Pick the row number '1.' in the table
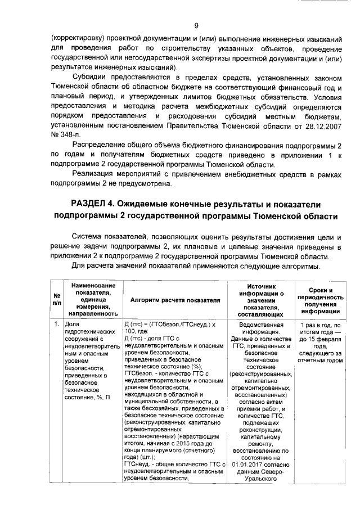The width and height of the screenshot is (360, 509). pyautogui.click(x=57, y=325)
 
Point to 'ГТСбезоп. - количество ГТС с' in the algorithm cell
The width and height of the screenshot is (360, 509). pyautogui.click(x=165, y=373)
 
